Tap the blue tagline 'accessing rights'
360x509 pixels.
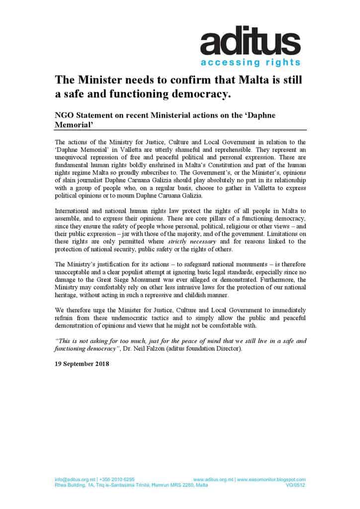pyautogui.click(x=250, y=63)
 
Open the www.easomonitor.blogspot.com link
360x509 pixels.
pyautogui.click(x=271, y=479)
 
